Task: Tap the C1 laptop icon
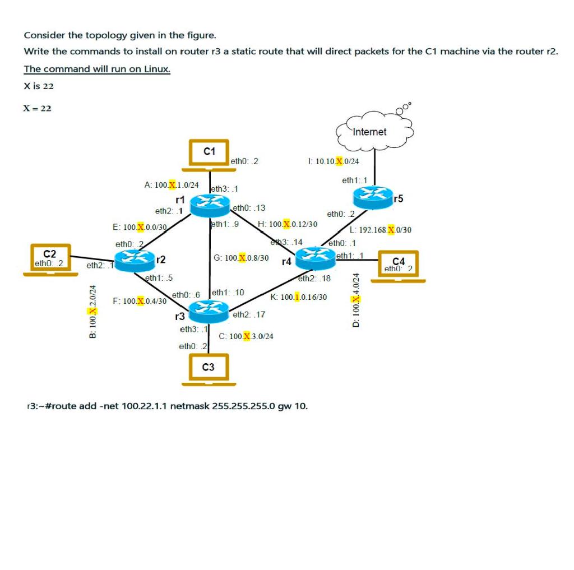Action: (208, 154)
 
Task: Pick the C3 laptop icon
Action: (208, 369)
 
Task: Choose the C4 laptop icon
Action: (398, 265)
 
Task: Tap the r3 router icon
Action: (209, 309)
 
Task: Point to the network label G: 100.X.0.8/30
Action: (241, 258)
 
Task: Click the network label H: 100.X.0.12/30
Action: (288, 224)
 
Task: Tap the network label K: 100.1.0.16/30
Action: (299, 296)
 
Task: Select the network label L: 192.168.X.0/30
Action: (380, 230)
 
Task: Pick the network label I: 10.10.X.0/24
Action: (334, 161)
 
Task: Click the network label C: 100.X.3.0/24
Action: (246, 336)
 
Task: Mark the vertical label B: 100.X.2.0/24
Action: (93, 311)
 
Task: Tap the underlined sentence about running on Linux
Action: (97, 69)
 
